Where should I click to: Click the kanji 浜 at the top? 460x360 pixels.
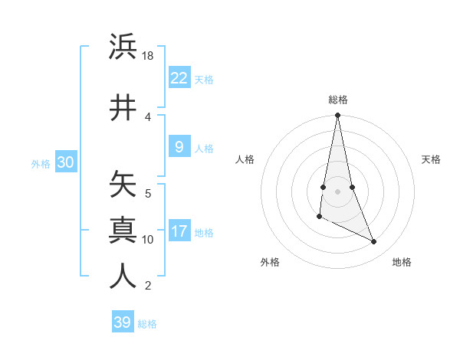(123, 47)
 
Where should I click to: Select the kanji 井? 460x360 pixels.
(123, 107)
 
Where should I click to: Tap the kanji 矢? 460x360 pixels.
(123, 185)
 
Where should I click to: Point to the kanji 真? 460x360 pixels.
(123, 230)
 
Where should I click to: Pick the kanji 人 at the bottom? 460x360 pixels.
(123, 277)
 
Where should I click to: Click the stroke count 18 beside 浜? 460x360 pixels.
(148, 56)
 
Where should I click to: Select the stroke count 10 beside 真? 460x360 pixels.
(148, 240)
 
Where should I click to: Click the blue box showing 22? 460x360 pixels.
(179, 77)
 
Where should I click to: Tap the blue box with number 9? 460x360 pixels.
(179, 147)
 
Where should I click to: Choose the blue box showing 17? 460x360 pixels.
(179, 231)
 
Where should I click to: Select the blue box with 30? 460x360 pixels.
(65, 162)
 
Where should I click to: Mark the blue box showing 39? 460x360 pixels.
(122, 322)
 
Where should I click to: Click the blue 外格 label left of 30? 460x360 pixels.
(41, 163)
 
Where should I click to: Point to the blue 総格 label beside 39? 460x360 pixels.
(147, 324)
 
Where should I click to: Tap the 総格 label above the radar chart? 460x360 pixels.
(337, 100)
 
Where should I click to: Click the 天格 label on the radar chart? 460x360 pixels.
(431, 159)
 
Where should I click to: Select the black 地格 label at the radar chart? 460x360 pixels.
(402, 262)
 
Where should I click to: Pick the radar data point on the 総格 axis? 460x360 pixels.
(337, 116)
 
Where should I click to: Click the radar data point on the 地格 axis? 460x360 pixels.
(374, 242)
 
